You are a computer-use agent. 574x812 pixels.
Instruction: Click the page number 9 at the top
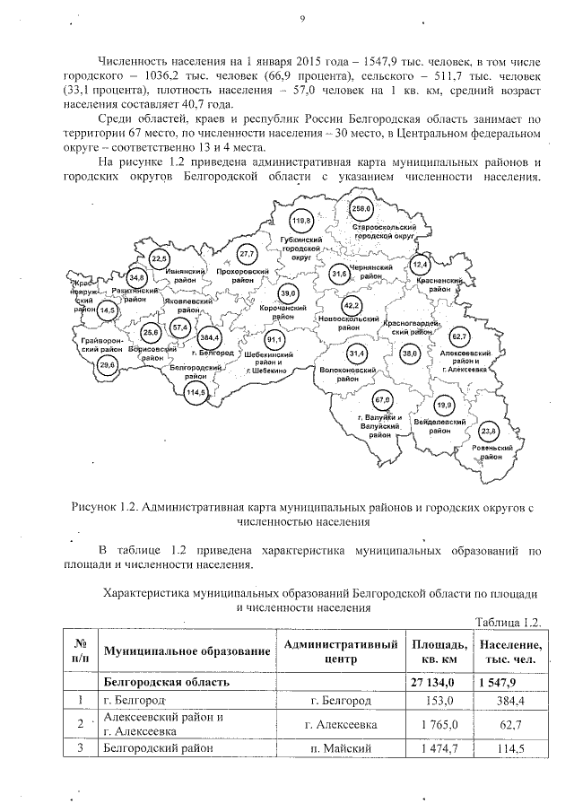[302, 19]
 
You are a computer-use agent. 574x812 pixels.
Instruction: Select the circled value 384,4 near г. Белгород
[212, 337]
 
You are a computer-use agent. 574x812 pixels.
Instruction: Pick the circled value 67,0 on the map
[383, 398]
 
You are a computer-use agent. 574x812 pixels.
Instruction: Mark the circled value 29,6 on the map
[108, 364]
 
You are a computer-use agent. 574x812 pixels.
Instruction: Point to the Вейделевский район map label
[439, 425]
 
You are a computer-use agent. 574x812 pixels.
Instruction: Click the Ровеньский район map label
[490, 452]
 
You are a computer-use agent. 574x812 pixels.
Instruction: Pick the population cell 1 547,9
[509, 682]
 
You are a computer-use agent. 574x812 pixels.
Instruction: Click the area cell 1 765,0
[439, 724]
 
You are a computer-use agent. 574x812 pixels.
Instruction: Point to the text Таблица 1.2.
[509, 623]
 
